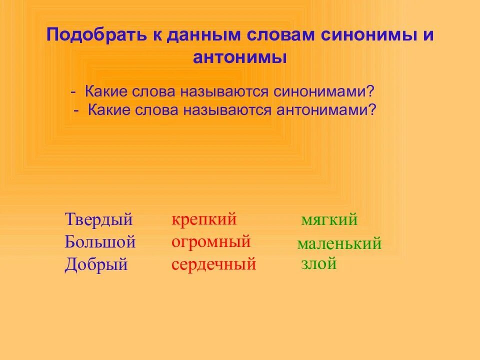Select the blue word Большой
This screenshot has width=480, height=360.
tap(100, 242)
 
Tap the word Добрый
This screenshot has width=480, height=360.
tap(96, 264)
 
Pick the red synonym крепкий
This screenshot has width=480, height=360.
tap(203, 219)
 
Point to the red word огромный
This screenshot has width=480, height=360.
tap(210, 242)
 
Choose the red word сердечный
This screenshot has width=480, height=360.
tap(213, 264)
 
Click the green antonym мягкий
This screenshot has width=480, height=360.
tap(329, 220)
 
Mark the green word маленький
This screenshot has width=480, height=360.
tap(339, 244)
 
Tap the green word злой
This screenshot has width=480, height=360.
tap(318, 263)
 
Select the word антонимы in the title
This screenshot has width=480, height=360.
tap(240, 57)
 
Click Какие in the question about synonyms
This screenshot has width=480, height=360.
tap(107, 91)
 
